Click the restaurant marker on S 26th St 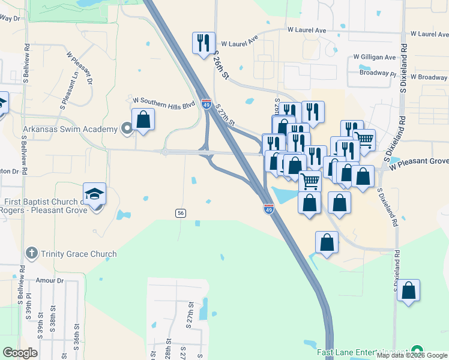pos(203,43)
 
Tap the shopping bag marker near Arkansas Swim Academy pos(143,119)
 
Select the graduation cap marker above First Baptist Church pos(95,194)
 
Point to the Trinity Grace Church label pos(79,254)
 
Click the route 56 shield pos(180,214)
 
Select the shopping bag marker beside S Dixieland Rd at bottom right pos(408,291)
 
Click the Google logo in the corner pos(20,353)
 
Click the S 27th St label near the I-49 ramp pos(226,113)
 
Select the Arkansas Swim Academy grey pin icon pos(126,128)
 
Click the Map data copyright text pos(412,355)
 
